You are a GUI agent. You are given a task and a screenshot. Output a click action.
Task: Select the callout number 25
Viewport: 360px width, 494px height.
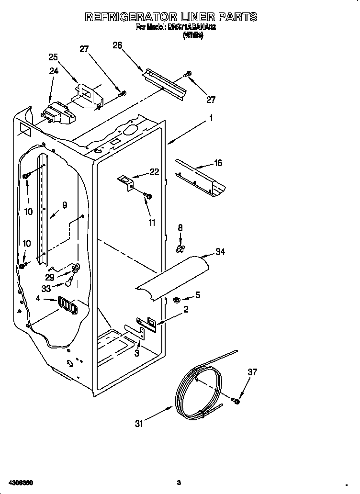click(53, 57)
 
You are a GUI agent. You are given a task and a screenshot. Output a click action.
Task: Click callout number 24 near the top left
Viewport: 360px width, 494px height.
click(53, 71)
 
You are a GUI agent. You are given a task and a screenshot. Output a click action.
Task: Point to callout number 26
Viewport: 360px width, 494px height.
click(117, 45)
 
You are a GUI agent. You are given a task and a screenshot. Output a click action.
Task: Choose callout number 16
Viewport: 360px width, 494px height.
click(218, 163)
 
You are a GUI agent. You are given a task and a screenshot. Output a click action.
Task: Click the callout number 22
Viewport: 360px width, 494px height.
click(154, 172)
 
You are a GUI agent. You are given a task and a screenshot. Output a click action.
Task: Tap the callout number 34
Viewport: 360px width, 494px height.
click(220, 252)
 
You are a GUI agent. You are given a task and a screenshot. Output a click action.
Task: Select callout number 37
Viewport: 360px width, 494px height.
click(252, 371)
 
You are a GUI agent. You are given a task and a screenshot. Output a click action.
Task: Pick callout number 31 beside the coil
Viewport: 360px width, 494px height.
click(139, 423)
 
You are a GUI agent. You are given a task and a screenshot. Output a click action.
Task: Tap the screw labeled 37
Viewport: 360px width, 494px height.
click(236, 400)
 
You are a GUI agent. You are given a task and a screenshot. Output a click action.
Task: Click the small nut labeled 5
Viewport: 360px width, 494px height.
click(176, 300)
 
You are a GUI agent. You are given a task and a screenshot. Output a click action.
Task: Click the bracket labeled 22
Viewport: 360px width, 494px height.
click(126, 182)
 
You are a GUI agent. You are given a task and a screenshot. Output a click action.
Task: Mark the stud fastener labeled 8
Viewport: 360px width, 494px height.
click(180, 247)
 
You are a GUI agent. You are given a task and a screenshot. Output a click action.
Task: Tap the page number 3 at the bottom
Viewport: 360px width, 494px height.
click(178, 482)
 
